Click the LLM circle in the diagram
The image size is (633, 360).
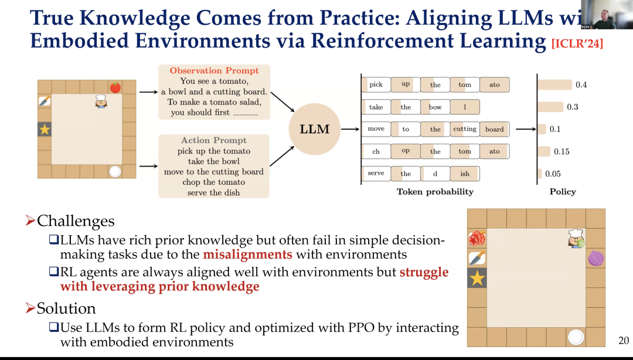315,130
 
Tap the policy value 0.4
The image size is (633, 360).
581,85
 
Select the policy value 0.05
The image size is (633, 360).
553,174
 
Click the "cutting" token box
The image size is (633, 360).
465,129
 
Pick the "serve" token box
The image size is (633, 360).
376,174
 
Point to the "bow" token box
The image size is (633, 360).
435,107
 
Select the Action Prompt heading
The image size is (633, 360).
214,140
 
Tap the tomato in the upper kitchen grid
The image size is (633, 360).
115,87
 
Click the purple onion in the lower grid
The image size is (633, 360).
596,258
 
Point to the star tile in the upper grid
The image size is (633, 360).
45,129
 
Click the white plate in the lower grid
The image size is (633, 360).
576,337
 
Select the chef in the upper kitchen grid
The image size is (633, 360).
101,101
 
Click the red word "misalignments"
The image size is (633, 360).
247,254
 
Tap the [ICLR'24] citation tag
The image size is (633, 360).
577,45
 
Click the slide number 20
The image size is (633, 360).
624,341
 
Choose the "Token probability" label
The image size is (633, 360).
434,192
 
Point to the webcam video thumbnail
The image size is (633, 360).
607,15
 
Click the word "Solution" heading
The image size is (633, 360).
66,308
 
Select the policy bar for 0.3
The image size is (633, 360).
549,107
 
